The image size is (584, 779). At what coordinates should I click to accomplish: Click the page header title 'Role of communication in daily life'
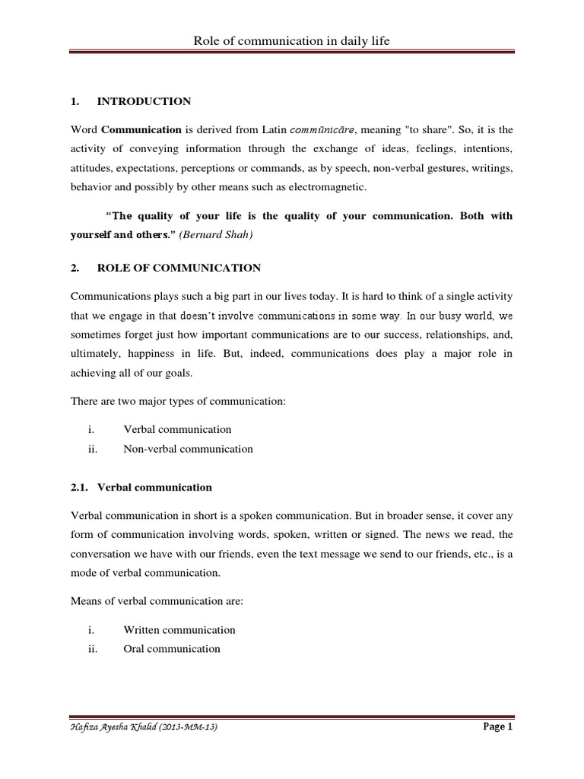tap(291, 40)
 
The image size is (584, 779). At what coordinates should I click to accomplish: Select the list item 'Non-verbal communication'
tap(188, 449)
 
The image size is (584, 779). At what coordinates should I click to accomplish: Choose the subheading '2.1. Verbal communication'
tap(141, 487)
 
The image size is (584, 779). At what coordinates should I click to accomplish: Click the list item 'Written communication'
tap(179, 630)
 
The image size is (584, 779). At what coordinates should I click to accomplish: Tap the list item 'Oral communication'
tap(172, 649)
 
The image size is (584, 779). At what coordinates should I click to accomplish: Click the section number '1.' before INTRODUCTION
tap(75, 101)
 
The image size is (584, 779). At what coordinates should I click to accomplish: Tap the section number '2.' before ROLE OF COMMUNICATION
tap(75, 268)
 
